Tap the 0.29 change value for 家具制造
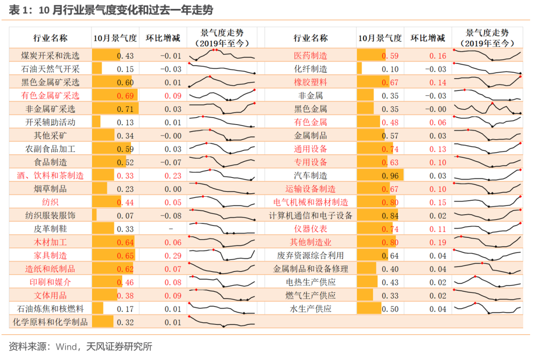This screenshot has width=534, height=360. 171,256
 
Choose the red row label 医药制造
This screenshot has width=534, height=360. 311,55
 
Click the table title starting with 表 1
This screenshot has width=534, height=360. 111,10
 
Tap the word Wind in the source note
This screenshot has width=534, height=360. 66,346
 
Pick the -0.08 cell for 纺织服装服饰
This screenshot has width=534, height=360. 171,216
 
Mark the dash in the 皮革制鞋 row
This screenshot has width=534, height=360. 171,229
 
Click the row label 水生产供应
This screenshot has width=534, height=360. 311,309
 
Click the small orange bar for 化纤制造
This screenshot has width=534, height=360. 359,69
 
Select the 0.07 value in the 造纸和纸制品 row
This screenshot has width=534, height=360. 171,269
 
